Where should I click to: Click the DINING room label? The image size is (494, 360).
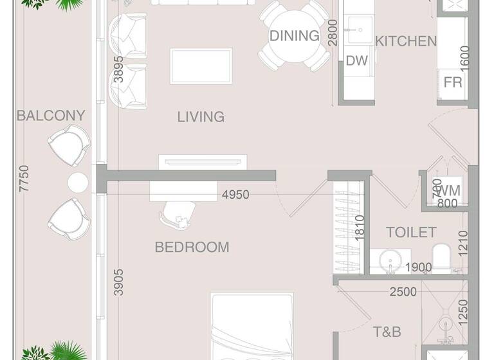[x=294, y=36]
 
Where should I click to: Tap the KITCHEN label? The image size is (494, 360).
[x=406, y=41]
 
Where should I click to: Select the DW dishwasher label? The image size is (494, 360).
[x=356, y=61]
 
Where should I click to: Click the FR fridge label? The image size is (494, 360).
[x=453, y=83]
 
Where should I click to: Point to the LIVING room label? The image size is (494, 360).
[x=201, y=116]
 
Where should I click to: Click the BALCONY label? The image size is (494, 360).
[x=51, y=116]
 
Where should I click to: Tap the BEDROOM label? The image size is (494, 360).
[x=192, y=247]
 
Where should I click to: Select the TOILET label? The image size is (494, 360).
[x=411, y=232]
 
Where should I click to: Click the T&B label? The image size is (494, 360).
[x=387, y=332]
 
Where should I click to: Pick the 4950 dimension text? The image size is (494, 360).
[x=235, y=195]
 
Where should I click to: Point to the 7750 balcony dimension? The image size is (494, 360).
[x=24, y=179]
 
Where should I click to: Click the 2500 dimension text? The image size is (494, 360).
[x=403, y=292]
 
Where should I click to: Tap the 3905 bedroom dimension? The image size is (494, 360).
[x=118, y=282]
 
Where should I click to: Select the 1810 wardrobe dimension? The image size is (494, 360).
[x=360, y=226]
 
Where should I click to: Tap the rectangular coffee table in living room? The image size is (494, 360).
[x=201, y=66]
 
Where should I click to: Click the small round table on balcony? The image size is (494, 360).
[x=78, y=183]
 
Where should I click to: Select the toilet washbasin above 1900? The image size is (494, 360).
[x=390, y=261]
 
